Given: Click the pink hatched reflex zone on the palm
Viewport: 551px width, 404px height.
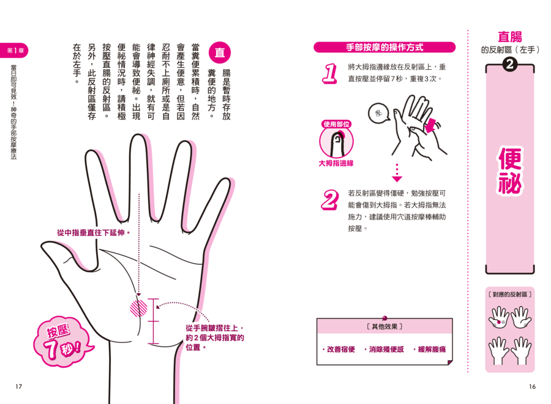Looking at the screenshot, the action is point(139,307).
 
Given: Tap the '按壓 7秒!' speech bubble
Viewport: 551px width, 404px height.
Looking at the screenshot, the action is point(62,341).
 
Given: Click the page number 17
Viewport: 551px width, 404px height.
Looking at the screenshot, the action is point(18,386).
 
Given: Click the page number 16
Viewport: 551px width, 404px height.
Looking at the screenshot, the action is point(532,386).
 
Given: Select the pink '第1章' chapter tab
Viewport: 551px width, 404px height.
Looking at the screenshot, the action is point(14,51).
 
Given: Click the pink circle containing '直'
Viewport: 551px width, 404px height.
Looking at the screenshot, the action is point(220,53).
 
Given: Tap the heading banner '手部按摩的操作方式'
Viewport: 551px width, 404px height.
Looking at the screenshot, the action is point(384,47).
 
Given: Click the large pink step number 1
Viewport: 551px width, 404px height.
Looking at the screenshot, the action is point(330,73).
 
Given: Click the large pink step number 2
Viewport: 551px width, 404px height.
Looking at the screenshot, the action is point(330,200).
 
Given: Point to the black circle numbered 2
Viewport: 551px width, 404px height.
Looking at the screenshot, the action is point(509,64).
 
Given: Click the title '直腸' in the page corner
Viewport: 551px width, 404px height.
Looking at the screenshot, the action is point(510,37).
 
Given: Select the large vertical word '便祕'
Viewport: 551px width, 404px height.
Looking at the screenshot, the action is point(510,171).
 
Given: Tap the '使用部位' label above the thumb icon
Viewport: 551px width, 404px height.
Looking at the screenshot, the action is point(336,124).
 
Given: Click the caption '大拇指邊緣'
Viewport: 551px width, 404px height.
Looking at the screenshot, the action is point(336,163).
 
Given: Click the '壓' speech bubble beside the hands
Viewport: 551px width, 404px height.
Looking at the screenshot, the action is point(379,113).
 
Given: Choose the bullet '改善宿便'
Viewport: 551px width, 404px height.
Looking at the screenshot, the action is point(339,349).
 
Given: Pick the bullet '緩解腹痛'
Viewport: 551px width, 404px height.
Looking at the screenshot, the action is point(430,349).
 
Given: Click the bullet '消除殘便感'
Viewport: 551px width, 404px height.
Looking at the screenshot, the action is point(384,349).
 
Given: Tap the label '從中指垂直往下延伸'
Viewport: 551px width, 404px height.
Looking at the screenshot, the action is point(94,232).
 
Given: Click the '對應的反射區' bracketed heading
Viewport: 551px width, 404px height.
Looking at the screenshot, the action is point(510,294).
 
